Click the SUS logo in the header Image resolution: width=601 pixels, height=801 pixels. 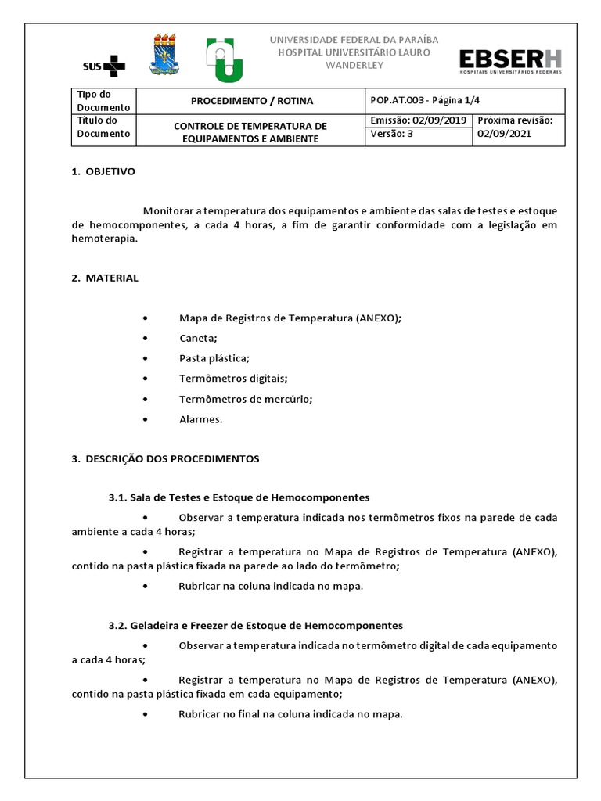click(103, 64)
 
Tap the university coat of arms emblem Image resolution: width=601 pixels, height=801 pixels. click(164, 56)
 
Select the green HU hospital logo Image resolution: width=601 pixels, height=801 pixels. click(224, 59)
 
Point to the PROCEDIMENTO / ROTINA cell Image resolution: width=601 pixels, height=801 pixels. click(251, 101)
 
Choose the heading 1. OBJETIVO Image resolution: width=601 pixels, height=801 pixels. click(103, 171)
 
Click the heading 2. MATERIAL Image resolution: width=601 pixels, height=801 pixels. click(105, 278)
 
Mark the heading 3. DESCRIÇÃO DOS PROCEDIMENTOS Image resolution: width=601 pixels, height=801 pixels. click(165, 458)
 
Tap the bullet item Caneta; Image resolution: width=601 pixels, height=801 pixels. click(198, 338)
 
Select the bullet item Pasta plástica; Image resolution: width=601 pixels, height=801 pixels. click(214, 358)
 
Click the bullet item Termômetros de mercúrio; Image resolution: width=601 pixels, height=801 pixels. click(245, 399)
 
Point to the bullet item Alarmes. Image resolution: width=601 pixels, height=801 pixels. click(200, 419)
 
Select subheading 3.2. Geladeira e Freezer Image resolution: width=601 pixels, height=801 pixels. click(256, 626)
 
